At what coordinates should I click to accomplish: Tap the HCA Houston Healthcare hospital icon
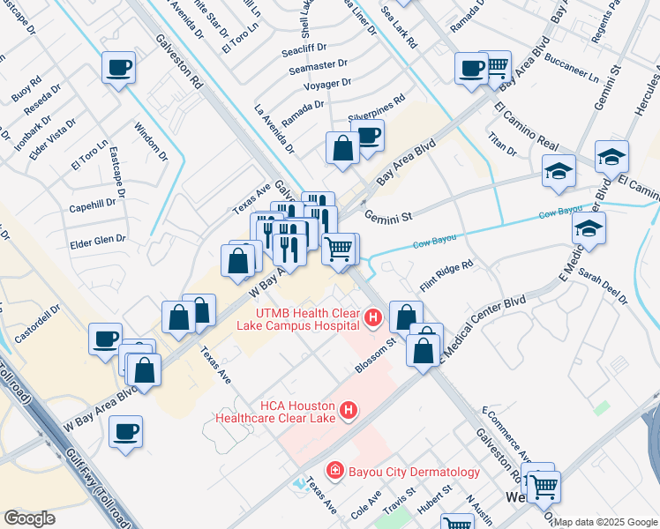[349, 410]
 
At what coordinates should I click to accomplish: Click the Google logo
[29, 518]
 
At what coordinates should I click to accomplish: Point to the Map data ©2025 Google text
[605, 522]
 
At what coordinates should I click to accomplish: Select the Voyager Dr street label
[327, 84]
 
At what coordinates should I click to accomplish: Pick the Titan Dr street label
[501, 145]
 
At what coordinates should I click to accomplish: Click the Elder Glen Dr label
[97, 239]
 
